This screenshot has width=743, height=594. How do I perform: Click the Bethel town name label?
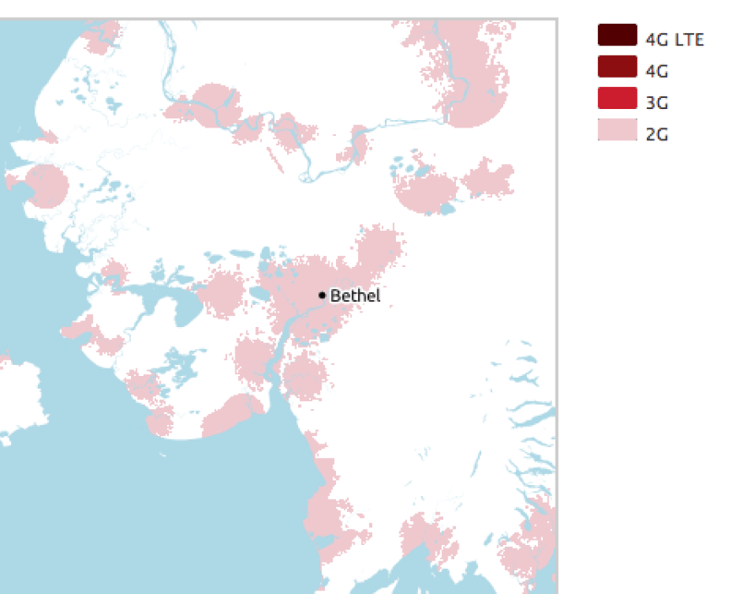coord(355,296)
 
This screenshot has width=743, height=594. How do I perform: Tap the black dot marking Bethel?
coord(322,295)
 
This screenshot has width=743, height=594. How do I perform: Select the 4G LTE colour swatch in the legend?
coord(616,35)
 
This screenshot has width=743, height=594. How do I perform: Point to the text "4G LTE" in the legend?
coord(674,39)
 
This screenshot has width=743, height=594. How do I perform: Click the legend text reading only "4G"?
coord(657,71)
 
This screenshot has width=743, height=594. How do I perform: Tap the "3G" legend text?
coord(657,103)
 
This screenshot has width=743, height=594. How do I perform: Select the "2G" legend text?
coord(657,134)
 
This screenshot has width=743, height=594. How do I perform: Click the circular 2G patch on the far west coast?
coord(46,186)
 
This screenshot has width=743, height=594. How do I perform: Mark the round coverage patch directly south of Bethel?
coord(304,377)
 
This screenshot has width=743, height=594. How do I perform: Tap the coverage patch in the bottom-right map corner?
coord(528,545)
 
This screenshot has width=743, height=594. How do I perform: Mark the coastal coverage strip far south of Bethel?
coord(325,507)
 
